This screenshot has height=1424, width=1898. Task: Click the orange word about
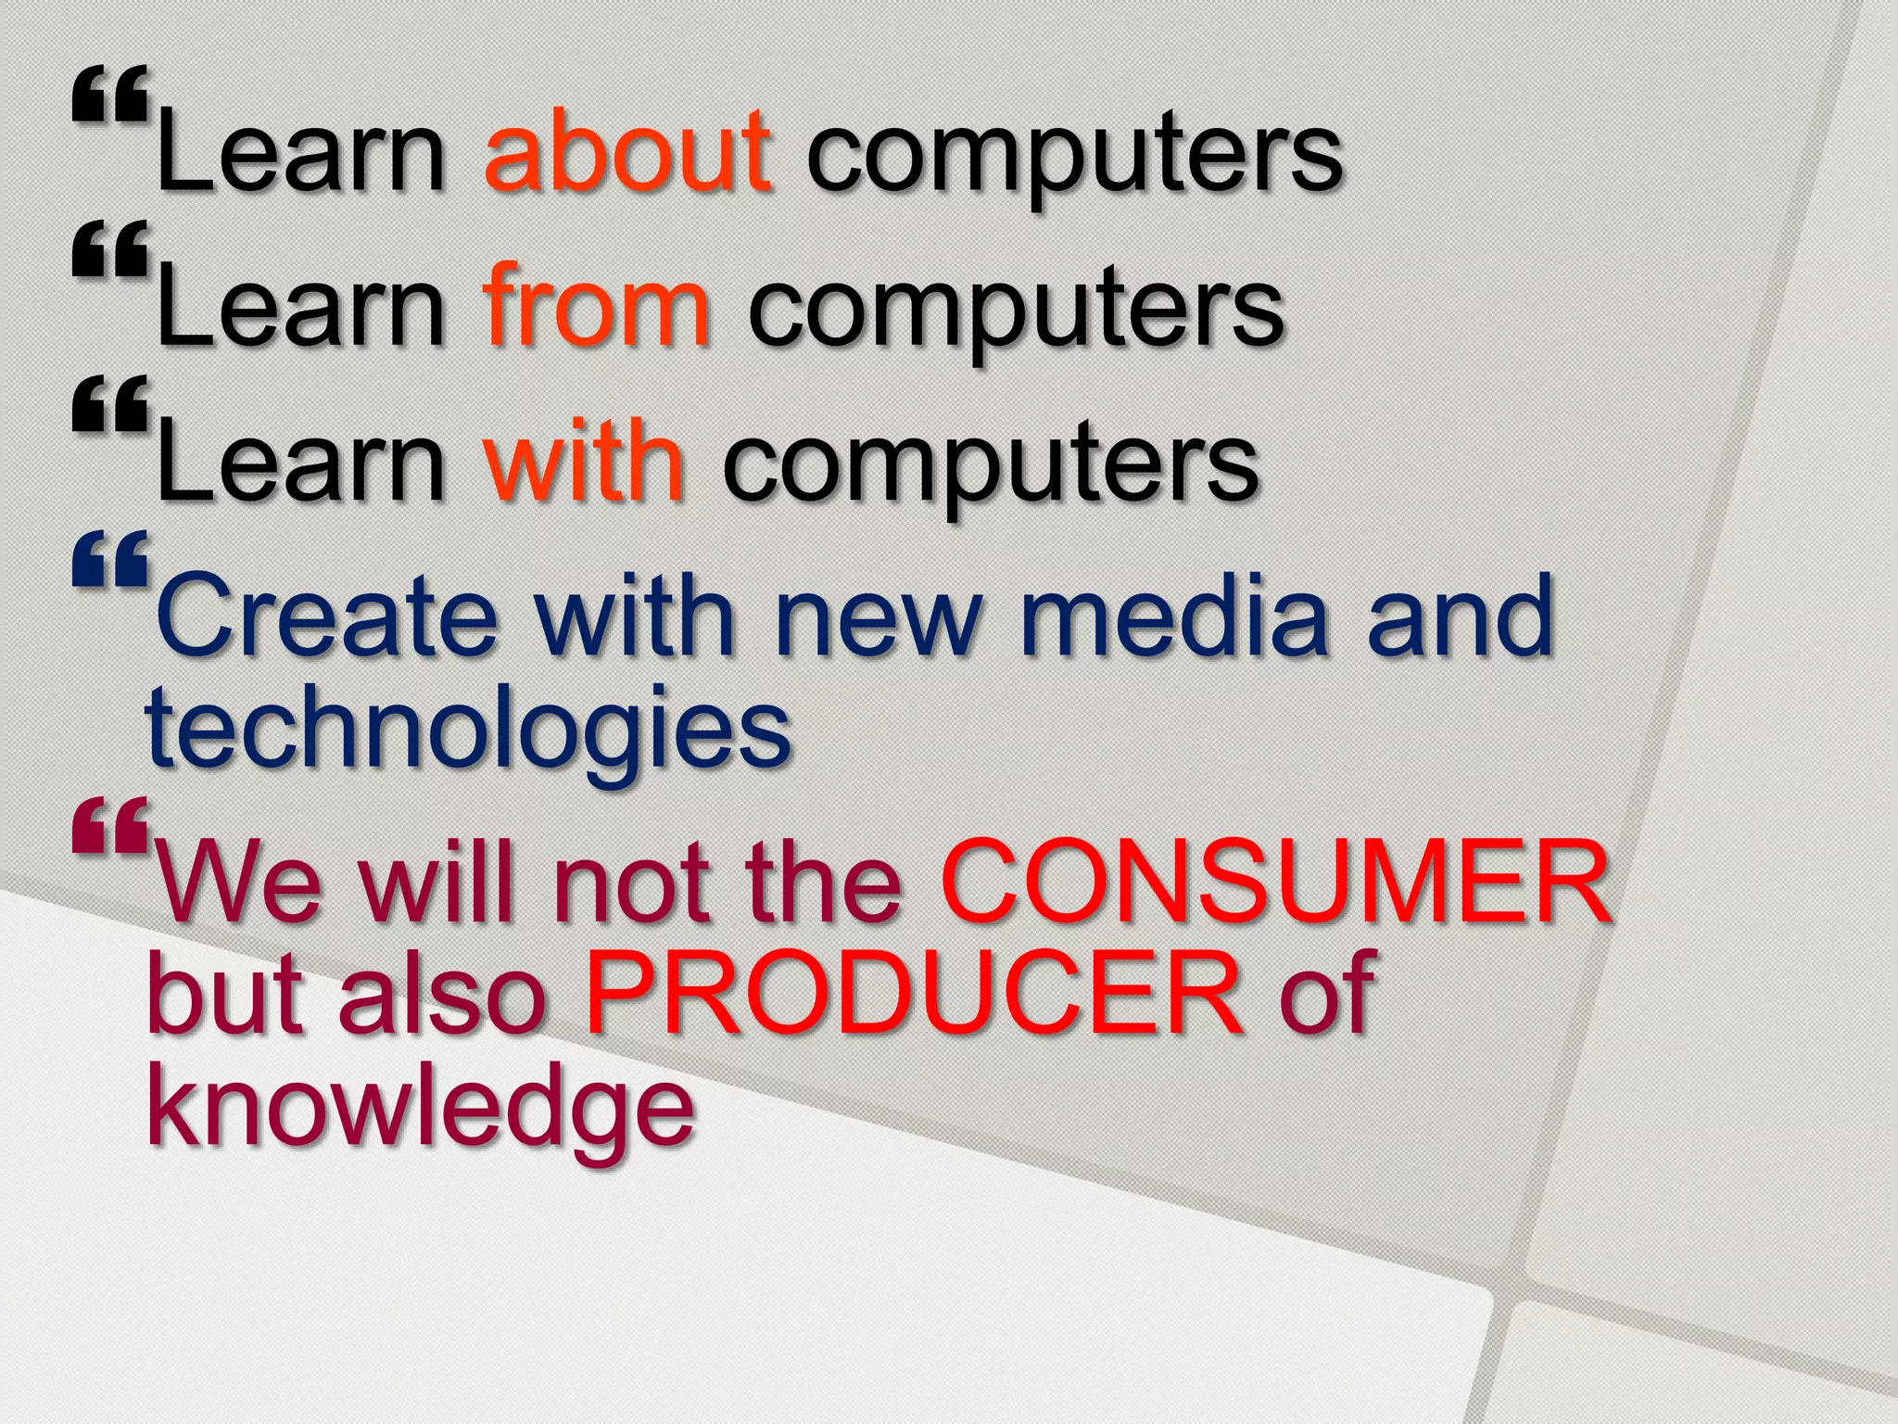click(627, 150)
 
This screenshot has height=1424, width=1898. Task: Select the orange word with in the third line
click(584, 460)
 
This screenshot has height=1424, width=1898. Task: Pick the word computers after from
click(1015, 311)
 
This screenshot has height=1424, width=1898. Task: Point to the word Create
click(327, 616)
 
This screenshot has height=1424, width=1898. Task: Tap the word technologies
click(468, 730)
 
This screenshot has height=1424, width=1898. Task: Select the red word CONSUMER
click(1274, 882)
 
